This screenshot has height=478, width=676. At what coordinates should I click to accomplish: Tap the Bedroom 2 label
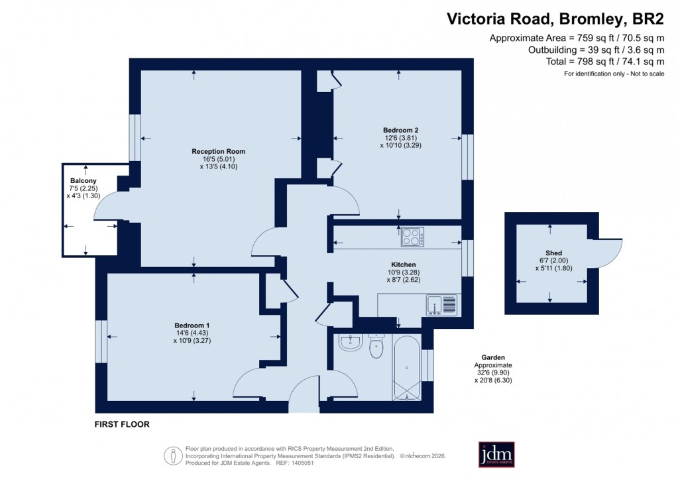click(400, 129)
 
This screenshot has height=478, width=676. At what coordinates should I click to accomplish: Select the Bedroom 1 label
click(192, 325)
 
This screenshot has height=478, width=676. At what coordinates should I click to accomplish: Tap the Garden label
click(493, 357)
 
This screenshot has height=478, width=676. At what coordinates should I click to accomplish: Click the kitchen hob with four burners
click(412, 237)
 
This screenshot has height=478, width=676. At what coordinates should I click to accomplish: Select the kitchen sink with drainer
click(443, 304)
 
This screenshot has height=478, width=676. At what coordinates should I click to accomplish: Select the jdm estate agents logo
click(496, 454)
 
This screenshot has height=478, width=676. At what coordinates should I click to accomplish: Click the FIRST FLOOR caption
click(122, 424)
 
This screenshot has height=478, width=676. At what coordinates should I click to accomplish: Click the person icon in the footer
click(173, 455)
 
